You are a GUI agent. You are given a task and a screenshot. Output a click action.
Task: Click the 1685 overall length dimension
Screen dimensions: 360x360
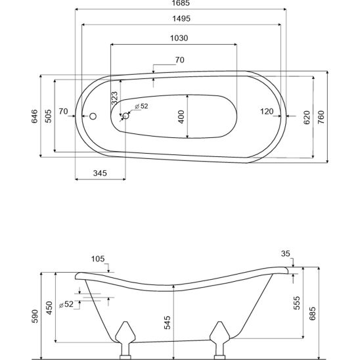(181, 3)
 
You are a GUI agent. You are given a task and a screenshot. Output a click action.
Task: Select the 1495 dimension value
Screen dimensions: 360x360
(181, 18)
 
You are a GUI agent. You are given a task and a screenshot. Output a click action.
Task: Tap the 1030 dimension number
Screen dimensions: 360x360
(179, 38)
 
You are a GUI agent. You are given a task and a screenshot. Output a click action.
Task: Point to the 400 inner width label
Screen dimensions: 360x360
(181, 117)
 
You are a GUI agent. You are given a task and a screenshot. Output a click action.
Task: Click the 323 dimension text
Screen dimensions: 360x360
(114, 99)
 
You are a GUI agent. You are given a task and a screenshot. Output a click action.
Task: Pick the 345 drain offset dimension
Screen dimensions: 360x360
(100, 173)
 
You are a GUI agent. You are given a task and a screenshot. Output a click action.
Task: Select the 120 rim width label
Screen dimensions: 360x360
(267, 112)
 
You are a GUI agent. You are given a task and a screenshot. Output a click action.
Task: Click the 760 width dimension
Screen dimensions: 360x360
(321, 117)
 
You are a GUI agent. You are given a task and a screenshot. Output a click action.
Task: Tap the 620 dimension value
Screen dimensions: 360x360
(307, 118)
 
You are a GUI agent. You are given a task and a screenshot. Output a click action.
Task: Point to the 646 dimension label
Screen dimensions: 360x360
(34, 116)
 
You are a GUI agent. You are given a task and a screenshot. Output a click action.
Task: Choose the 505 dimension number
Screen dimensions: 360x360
(48, 116)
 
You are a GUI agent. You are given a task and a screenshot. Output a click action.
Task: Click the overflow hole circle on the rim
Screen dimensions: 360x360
(93, 116)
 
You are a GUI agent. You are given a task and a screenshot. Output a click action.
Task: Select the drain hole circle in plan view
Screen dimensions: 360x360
(126, 116)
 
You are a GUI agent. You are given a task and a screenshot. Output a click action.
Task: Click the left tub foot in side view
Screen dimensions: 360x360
(125, 340)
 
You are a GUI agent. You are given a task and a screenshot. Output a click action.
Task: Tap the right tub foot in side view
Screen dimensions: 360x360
(219, 340)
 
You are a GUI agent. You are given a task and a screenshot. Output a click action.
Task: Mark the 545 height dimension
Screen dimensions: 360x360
(168, 323)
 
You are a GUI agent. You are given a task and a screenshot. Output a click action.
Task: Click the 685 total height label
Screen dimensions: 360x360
(313, 313)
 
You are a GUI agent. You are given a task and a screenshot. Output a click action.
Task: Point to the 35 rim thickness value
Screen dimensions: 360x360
(286, 254)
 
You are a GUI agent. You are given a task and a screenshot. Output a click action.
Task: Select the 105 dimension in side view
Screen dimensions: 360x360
(98, 259)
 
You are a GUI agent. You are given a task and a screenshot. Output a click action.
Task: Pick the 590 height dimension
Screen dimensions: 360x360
(35, 317)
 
